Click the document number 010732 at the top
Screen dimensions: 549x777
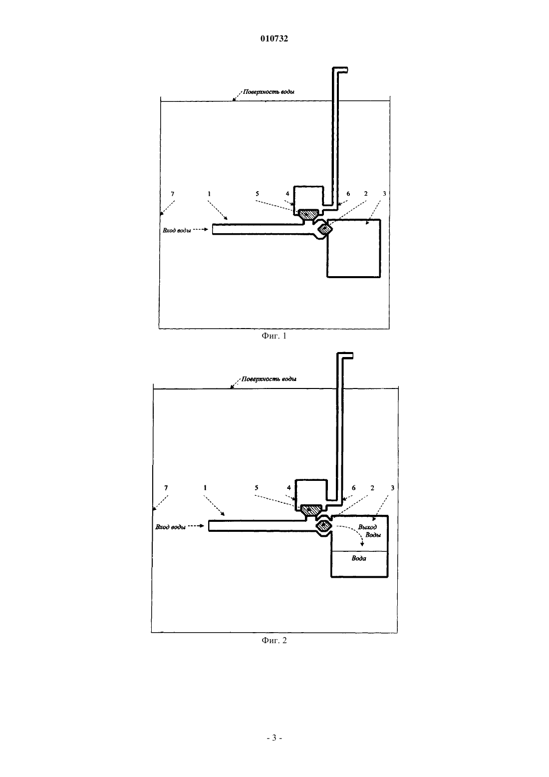pos(274,38)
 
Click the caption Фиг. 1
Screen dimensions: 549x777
pos(274,336)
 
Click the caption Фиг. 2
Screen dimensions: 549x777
pos(274,640)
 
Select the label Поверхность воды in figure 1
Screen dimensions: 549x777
pos(269,92)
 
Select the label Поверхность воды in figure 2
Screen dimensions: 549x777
pos(269,379)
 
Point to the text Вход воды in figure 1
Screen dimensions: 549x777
pos(177,230)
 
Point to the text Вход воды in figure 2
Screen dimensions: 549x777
pos(170,527)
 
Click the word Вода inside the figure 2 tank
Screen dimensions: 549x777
pos(359,558)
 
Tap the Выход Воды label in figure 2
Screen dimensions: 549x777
pos(369,531)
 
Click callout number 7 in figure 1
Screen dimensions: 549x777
pos(173,194)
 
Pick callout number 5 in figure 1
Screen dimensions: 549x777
pos(257,194)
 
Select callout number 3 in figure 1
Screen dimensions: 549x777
pos(384,194)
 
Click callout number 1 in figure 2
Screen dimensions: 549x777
pos(205,488)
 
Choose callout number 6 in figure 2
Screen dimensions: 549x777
pos(353,488)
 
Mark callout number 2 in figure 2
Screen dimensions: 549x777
pos(372,488)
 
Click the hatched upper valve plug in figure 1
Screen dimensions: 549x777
pos(309,213)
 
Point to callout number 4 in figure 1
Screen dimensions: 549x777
pos(287,194)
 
